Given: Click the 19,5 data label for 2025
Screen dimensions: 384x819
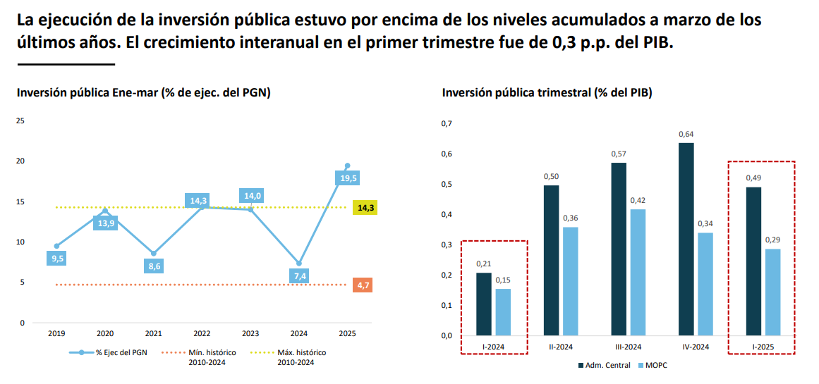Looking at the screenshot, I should (x=347, y=179).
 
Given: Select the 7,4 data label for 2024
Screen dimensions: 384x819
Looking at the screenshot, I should (x=299, y=275).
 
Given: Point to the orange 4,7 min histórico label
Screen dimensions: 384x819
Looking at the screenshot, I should (x=364, y=285).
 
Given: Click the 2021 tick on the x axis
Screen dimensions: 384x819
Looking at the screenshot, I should (x=154, y=333).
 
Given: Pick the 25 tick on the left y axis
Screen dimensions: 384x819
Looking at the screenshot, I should (x=20, y=121).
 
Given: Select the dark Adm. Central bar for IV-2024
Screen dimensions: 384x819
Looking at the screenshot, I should (x=686, y=239).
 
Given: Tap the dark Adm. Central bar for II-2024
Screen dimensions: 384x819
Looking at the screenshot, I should (x=551, y=260).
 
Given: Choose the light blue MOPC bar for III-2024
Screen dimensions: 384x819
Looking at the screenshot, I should (x=638, y=272).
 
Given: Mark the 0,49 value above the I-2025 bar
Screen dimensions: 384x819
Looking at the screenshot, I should (x=753, y=178).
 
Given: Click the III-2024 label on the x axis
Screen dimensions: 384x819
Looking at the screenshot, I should (x=628, y=347).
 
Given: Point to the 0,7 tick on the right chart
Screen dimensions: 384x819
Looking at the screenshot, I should (x=446, y=124).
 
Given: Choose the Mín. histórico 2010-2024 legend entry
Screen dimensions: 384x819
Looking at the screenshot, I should (x=205, y=357).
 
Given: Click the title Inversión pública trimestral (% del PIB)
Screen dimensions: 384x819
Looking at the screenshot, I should (x=547, y=92).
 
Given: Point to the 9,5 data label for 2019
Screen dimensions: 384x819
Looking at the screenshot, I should (x=58, y=259).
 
